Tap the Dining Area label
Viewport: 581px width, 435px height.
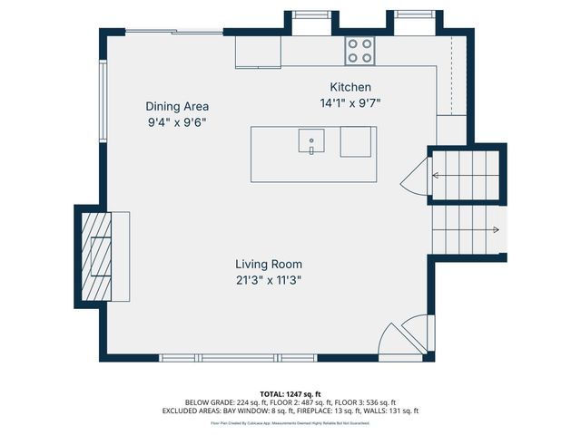click(x=177, y=106)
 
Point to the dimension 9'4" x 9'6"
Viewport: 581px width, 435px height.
click(x=178, y=121)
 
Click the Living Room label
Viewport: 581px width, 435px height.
click(x=269, y=265)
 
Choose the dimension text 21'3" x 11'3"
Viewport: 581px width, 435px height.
click(x=269, y=280)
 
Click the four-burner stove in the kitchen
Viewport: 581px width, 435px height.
click(x=359, y=51)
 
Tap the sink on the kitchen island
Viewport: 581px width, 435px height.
click(x=310, y=142)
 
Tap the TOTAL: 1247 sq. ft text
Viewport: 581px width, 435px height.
click(x=290, y=394)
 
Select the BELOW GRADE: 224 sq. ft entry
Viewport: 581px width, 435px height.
click(x=222, y=402)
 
